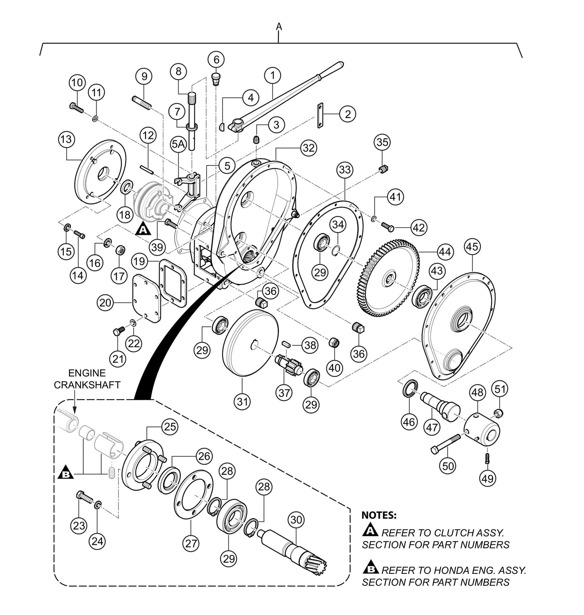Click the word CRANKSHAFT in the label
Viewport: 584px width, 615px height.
pyautogui.click(x=87, y=385)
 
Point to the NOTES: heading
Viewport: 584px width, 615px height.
pyautogui.click(x=379, y=515)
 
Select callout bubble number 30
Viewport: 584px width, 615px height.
pyautogui.click(x=296, y=520)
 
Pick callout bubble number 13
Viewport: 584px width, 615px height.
pyautogui.click(x=66, y=140)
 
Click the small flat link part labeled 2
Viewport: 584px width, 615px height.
pyautogui.click(x=320, y=116)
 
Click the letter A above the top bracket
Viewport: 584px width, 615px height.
pyautogui.click(x=279, y=26)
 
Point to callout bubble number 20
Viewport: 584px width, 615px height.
pyautogui.click(x=105, y=302)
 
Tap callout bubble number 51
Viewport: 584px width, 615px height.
pyautogui.click(x=500, y=389)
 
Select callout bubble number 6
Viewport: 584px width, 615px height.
pyautogui.click(x=216, y=60)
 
